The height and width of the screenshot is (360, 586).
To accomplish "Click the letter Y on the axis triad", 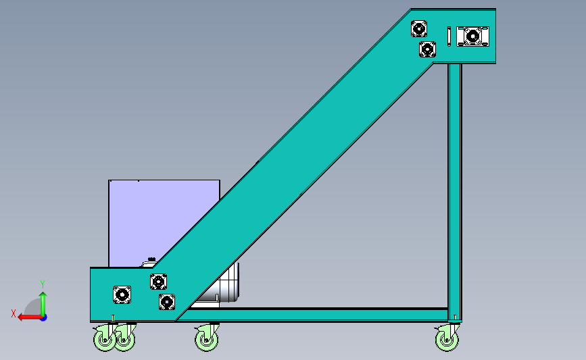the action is pos(42,284).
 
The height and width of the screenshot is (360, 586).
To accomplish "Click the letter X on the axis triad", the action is pos(14,313).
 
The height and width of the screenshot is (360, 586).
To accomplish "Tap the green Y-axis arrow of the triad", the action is pos(43,301).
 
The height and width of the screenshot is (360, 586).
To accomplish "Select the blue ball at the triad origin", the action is pos(43,316).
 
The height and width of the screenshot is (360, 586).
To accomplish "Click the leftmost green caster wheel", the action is pos(105,338).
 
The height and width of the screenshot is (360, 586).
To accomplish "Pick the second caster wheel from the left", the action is pos(124,338).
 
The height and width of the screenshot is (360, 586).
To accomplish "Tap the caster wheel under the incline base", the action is pos(207,338).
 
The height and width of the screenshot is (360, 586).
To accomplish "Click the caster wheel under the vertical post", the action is pos(446,338).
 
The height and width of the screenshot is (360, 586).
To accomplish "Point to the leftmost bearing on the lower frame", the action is pos(122,294).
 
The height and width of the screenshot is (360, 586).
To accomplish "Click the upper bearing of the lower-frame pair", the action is pos(158,282).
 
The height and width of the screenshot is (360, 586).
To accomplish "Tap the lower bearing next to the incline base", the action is pos(167,301).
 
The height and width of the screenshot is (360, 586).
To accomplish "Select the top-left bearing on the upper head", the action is pos(419,29).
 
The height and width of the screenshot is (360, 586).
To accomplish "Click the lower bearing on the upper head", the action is pos(427,49).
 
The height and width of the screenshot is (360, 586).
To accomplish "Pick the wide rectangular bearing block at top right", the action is pos(472,35).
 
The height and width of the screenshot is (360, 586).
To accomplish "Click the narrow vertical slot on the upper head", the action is pos(449,35).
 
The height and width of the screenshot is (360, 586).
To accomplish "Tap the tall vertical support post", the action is pos(455,189).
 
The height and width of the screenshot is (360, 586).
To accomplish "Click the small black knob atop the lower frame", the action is pos(151,259).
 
